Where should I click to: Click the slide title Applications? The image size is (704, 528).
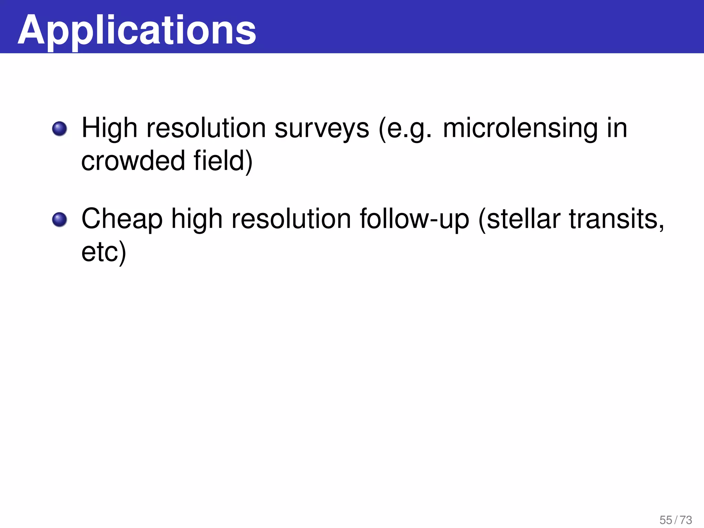click(x=137, y=30)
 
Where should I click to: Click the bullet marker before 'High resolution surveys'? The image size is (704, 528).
click(x=59, y=129)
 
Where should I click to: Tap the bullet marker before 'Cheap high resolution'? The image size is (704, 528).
click(x=59, y=220)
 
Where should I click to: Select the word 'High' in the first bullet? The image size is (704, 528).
click(x=109, y=128)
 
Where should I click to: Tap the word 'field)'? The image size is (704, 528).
click(x=223, y=161)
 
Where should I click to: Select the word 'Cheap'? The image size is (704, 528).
click(x=122, y=219)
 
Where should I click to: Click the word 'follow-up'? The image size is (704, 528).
click(x=414, y=219)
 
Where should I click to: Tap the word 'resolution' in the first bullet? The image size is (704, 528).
click(x=206, y=128)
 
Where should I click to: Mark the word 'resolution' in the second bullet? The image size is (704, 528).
click(x=291, y=219)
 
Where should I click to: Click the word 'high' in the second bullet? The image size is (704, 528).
click(x=197, y=219)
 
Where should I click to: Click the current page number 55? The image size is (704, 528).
click(x=666, y=520)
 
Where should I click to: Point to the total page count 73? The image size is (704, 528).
click(x=686, y=520)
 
